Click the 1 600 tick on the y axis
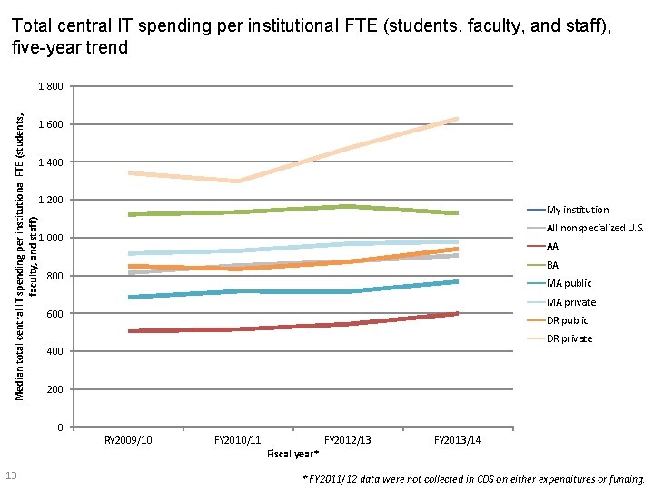coord(51,124)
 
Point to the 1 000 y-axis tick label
coord(51,238)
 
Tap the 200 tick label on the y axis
coord(55,389)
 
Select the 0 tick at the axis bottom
coord(59,427)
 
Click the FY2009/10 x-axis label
coord(128,440)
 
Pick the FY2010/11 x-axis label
coord(238,440)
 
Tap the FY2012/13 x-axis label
coord(348,440)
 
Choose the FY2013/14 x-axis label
coord(458,440)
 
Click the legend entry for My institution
coord(578,210)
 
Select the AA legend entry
coord(552,247)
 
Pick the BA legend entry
coord(552,265)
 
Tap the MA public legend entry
coord(568,284)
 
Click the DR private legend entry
coord(570,338)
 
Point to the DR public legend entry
coord(568,320)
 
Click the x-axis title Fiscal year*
coord(292,453)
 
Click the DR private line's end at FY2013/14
coord(458,119)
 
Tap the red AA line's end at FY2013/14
coord(458,314)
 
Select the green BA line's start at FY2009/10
coord(129,214)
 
